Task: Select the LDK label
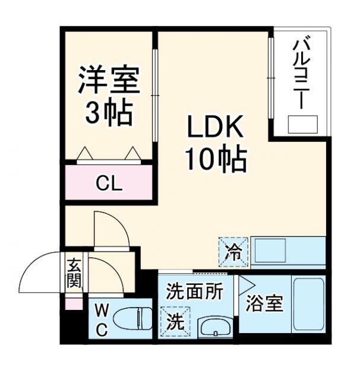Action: pyautogui.click(x=214, y=127)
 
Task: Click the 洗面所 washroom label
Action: pyautogui.click(x=194, y=291)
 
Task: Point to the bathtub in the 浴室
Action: pyautogui.click(x=309, y=306)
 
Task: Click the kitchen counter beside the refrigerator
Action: pyautogui.click(x=288, y=252)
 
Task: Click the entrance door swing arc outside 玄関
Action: pyautogui.click(x=39, y=273)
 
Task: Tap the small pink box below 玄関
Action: pyautogui.click(x=73, y=304)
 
